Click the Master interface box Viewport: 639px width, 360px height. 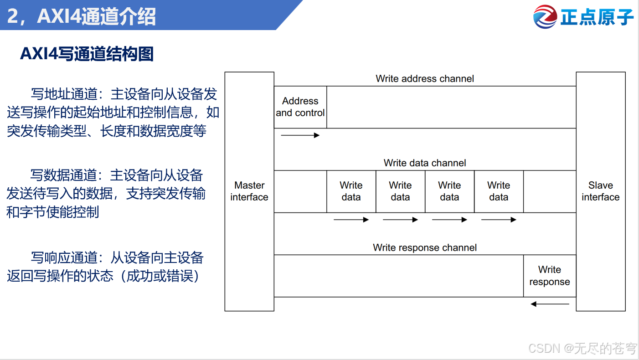coord(249,191)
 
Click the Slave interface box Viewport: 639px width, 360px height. coord(600,191)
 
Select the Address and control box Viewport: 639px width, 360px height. coord(300,107)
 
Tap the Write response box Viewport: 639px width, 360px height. coord(549,276)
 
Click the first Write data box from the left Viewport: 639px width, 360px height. coord(351,191)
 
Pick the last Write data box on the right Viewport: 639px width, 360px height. coord(499,191)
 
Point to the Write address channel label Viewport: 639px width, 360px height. coord(424,79)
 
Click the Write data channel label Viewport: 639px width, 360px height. coord(424,163)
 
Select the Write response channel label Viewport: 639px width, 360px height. coord(424,248)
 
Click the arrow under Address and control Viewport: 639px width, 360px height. coord(300,135)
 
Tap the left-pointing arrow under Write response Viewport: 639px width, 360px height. coord(550,304)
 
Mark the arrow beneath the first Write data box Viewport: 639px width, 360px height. coord(351,220)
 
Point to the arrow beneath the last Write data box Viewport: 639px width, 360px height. coord(499,220)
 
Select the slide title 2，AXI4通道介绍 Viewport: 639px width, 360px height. coord(81,16)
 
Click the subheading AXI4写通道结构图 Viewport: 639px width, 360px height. coord(87,54)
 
